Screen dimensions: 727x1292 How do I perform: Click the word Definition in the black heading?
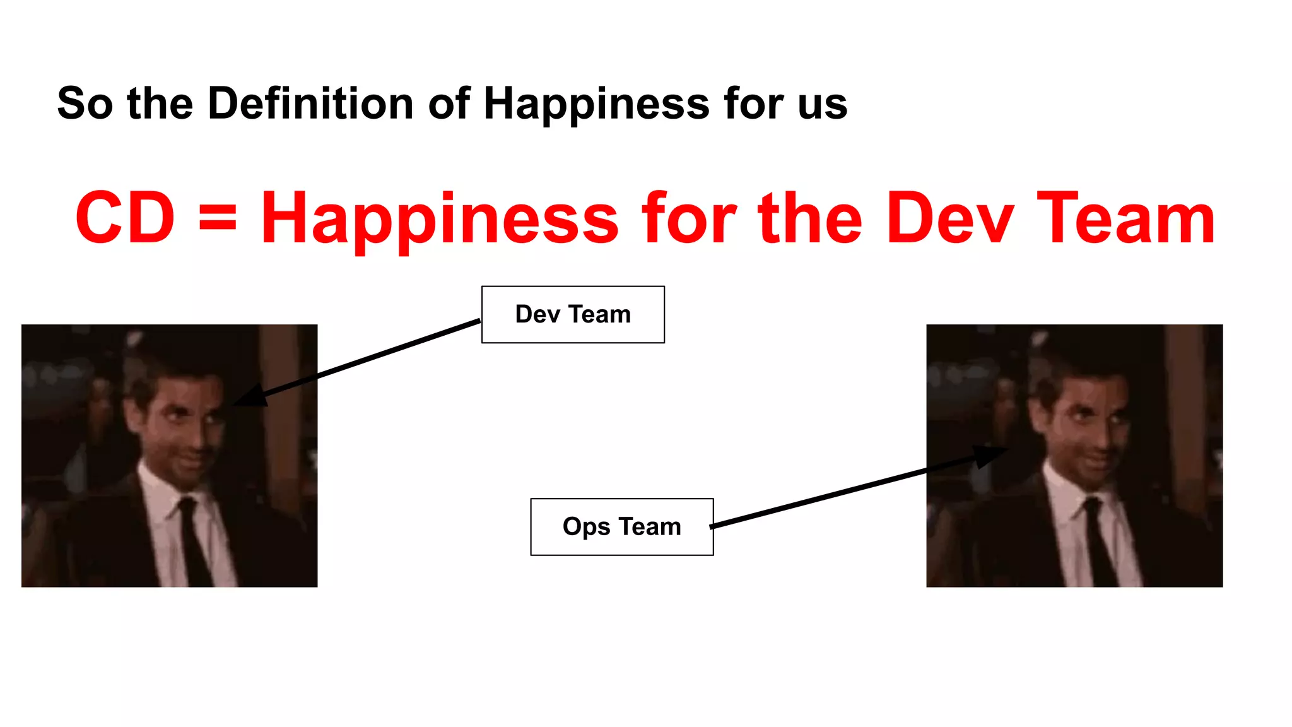[310, 103]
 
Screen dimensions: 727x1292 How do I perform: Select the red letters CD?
[125, 218]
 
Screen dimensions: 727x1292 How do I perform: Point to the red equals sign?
[218, 218]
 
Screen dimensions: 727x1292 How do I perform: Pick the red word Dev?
[950, 218]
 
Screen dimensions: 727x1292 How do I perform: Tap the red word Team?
[1125, 218]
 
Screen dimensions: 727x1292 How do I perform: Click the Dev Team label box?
[573, 314]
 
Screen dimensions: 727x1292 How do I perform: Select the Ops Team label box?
[622, 527]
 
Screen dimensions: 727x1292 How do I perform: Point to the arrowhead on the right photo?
[990, 454]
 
